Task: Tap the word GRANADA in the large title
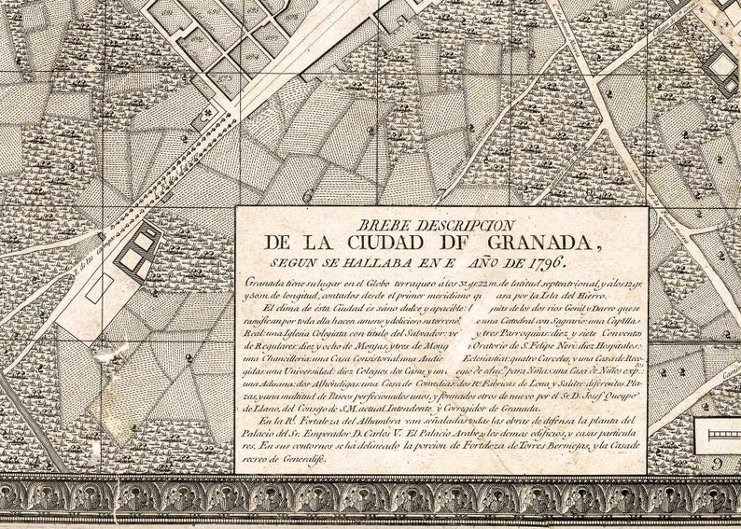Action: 535,243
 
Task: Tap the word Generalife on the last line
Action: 301,460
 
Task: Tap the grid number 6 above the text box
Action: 306,197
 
